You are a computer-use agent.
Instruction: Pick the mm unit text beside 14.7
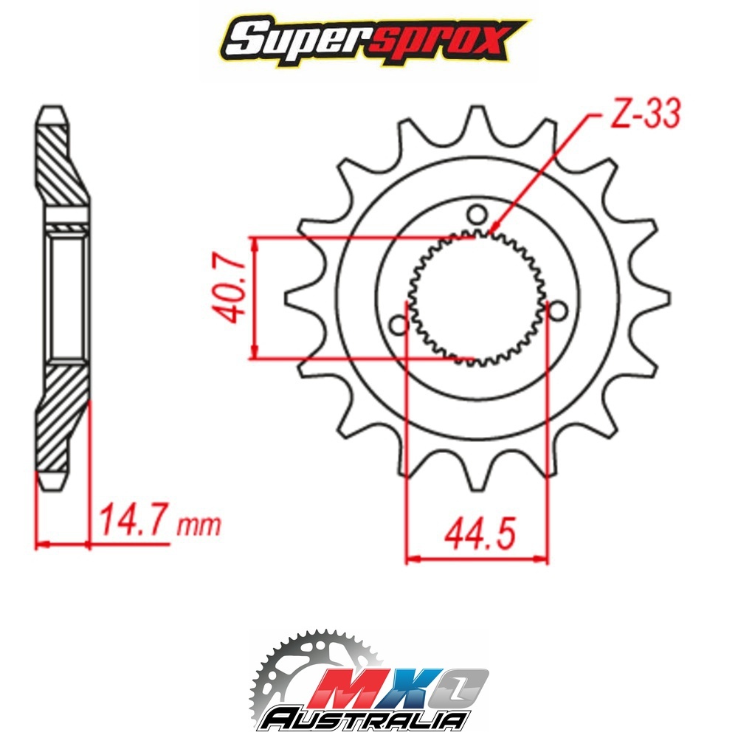[199, 526]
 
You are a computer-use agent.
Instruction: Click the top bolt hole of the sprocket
[477, 215]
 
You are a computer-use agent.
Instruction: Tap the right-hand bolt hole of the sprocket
[558, 311]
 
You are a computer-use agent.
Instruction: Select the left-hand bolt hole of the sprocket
[399, 324]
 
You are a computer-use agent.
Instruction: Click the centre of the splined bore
[477, 298]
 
